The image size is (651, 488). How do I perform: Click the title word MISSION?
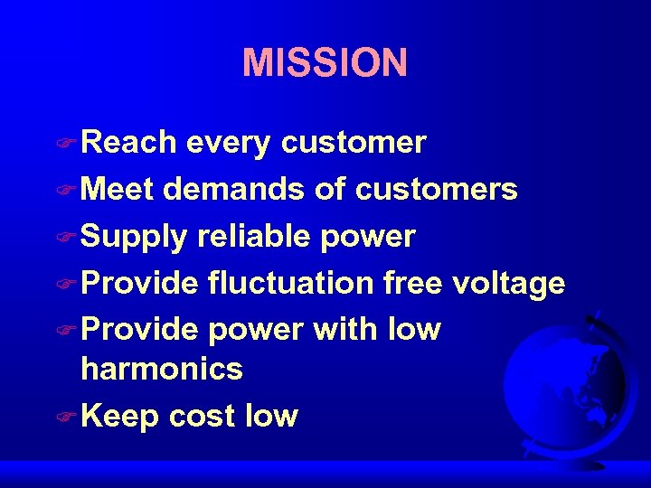[325, 63]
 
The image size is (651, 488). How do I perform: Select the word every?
[229, 143]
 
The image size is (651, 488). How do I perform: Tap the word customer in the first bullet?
[354, 143]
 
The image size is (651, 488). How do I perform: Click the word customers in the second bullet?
[437, 190]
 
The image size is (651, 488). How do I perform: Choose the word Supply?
[134, 238]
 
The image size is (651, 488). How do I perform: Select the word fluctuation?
[289, 284]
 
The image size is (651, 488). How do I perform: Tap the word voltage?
[508, 285]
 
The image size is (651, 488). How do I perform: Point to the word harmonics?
[162, 369]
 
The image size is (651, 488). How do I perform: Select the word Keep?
[120, 417]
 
